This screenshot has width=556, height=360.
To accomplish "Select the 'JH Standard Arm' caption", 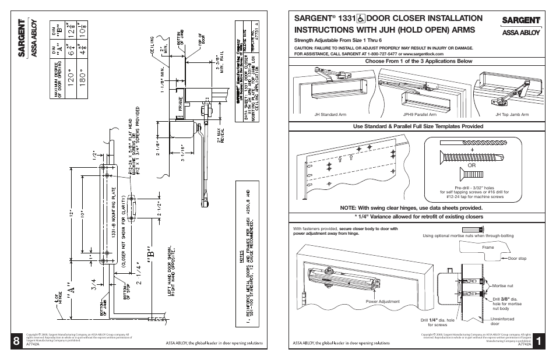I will pyautogui.click(x=326, y=115).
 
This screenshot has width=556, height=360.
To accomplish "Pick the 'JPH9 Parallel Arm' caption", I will pyautogui.click(x=416, y=115).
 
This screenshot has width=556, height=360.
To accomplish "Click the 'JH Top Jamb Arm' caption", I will pyautogui.click(x=512, y=115).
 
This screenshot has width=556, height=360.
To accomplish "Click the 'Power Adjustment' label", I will pyautogui.click(x=382, y=301).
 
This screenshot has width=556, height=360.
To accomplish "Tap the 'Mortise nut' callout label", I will pyautogui.click(x=502, y=285).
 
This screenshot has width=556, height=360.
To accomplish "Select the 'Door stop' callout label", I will pyautogui.click(x=517, y=259).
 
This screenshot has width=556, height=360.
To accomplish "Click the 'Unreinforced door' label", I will pyautogui.click(x=502, y=321).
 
